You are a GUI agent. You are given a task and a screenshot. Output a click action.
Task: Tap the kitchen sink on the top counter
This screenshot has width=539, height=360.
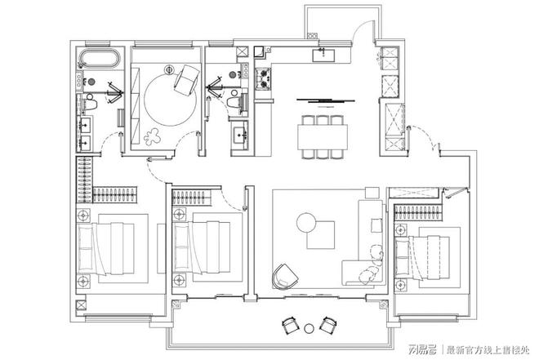coord(323,55)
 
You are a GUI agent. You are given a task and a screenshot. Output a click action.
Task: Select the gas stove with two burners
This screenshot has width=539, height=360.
coord(263,79)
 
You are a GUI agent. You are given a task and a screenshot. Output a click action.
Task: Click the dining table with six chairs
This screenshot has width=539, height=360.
coord(323,136)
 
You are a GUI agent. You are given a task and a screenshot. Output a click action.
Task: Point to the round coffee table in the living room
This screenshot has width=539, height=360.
coord(306,223)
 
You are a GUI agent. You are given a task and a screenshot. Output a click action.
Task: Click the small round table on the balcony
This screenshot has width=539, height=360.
coord(309,328)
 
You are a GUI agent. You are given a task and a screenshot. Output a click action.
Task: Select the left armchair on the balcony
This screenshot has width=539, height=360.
coord(291,325)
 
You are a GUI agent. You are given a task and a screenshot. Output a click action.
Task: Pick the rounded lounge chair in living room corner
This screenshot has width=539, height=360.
coord(285,276)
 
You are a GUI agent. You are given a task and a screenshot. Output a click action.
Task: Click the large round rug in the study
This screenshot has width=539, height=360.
coord(170,100)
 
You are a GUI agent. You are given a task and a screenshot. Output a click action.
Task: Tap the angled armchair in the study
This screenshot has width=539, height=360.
coord(187,80)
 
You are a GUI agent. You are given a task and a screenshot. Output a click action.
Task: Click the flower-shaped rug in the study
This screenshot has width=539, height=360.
coord(152,136)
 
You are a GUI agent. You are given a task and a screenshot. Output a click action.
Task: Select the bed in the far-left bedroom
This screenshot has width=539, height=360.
coord(106,248)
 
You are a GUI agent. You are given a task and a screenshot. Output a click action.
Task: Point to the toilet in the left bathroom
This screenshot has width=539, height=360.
coord(91,102)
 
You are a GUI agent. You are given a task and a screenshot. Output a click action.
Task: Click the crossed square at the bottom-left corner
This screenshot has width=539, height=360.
coord(81,305)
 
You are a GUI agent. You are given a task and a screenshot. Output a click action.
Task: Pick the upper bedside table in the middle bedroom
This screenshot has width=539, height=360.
coord(179,215)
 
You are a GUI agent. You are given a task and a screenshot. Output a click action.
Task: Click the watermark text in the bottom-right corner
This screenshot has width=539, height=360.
coord(470,350)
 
